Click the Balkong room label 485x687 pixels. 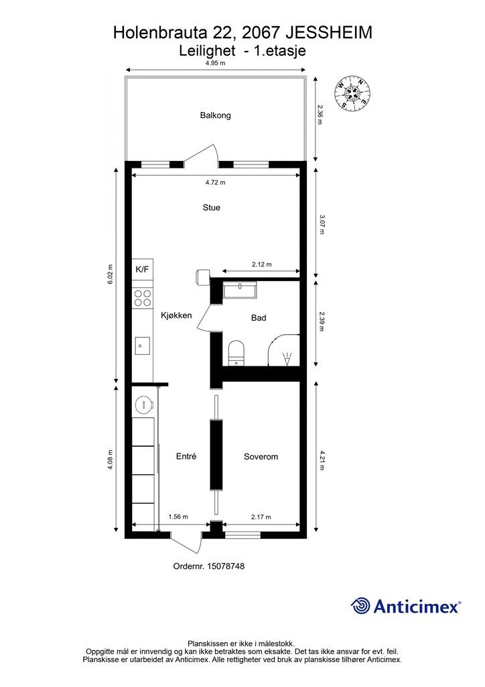click(215, 115)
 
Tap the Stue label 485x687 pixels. click(211, 208)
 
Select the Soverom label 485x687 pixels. click(261, 456)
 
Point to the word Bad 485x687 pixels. click(259, 317)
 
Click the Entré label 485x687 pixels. click(186, 456)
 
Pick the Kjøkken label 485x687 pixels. click(176, 315)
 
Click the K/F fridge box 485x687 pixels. click(143, 269)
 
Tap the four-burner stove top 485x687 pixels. click(143, 298)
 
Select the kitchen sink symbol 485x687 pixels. click(143, 346)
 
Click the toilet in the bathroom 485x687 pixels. click(237, 352)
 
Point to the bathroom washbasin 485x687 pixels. click(240, 290)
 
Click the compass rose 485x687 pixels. click(352, 92)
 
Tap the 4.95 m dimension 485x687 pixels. click(216, 63)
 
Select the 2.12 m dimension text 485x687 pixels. click(261, 264)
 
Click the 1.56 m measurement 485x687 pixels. click(178, 517)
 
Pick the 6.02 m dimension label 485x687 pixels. click(111, 274)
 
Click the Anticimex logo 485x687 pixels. click(405, 606)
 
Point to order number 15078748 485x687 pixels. click(208, 566)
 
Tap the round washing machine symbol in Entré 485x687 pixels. click(143, 405)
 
